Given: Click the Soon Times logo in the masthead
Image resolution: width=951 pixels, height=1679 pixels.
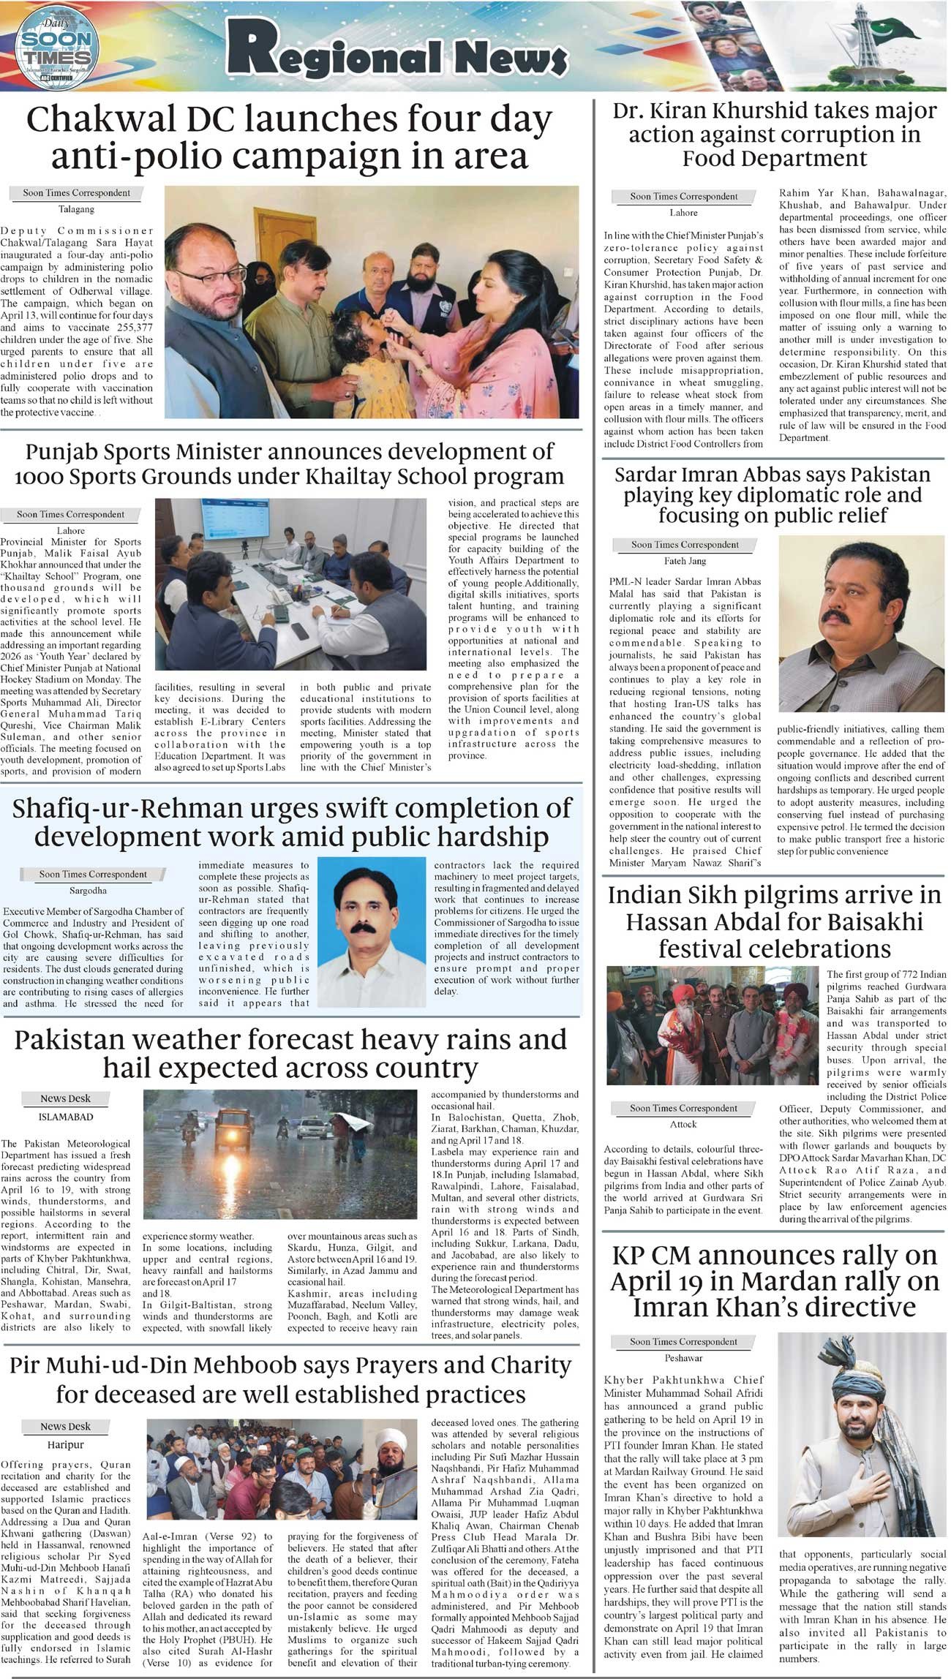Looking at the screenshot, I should [56, 45].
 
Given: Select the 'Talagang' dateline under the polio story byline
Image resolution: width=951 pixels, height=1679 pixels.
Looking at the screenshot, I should [76, 209].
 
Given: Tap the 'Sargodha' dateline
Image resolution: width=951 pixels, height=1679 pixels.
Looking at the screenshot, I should [88, 891].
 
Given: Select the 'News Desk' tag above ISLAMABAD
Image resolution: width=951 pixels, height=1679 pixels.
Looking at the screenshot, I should [65, 1098].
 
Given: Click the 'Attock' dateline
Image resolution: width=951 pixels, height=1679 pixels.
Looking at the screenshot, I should [683, 1124].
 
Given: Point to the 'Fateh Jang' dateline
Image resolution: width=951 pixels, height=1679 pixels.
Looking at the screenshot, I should [685, 561].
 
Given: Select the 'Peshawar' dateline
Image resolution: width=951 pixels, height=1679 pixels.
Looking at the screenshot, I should [683, 1358].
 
